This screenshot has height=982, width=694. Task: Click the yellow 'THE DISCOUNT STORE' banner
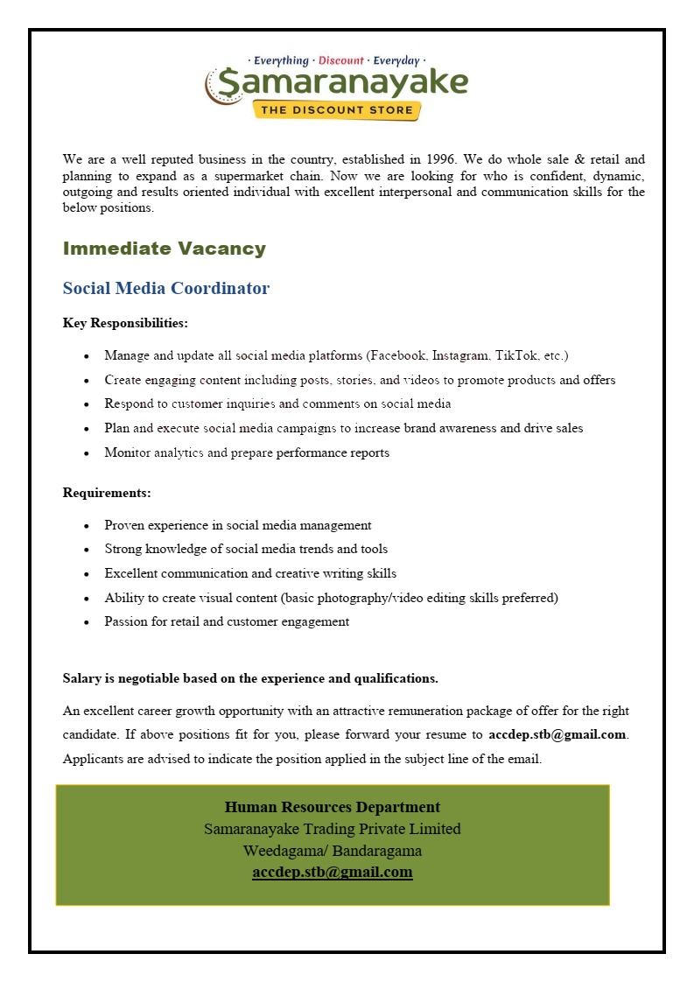coord(338,109)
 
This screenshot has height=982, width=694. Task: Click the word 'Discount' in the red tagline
coord(340,60)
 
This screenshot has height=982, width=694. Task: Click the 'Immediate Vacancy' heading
coord(164,249)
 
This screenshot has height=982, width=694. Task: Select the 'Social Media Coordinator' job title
coord(166,288)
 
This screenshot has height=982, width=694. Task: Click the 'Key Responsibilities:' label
coord(125,323)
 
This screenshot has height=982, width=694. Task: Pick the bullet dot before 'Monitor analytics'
coord(86,453)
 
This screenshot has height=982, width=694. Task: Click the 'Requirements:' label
coord(107,493)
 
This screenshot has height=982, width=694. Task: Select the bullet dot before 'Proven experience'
coord(86,526)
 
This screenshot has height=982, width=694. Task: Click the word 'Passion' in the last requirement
coord(126,621)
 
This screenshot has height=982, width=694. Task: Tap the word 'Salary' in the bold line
coord(81,678)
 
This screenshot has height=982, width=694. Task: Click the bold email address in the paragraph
coord(557,734)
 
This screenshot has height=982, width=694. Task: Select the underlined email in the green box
coord(332,872)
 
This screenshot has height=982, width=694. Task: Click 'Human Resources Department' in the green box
coord(332,807)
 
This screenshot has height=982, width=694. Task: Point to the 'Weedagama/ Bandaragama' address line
coord(332,850)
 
